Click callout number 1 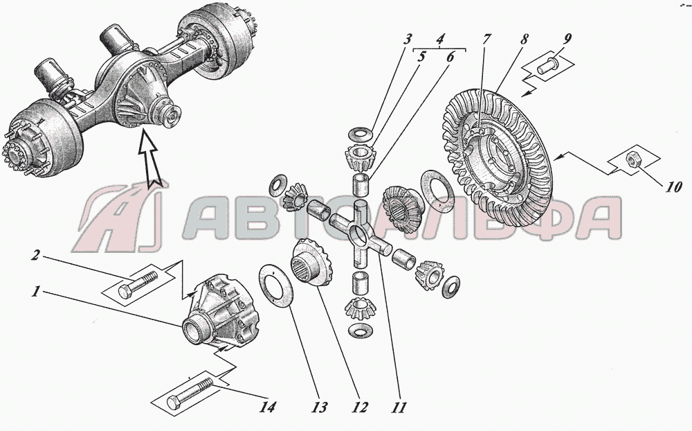click(36, 292)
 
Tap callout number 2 click(37, 256)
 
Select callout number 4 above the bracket click(440, 39)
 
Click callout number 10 click(673, 187)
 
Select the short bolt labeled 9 click(548, 67)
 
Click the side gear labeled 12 click(311, 263)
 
